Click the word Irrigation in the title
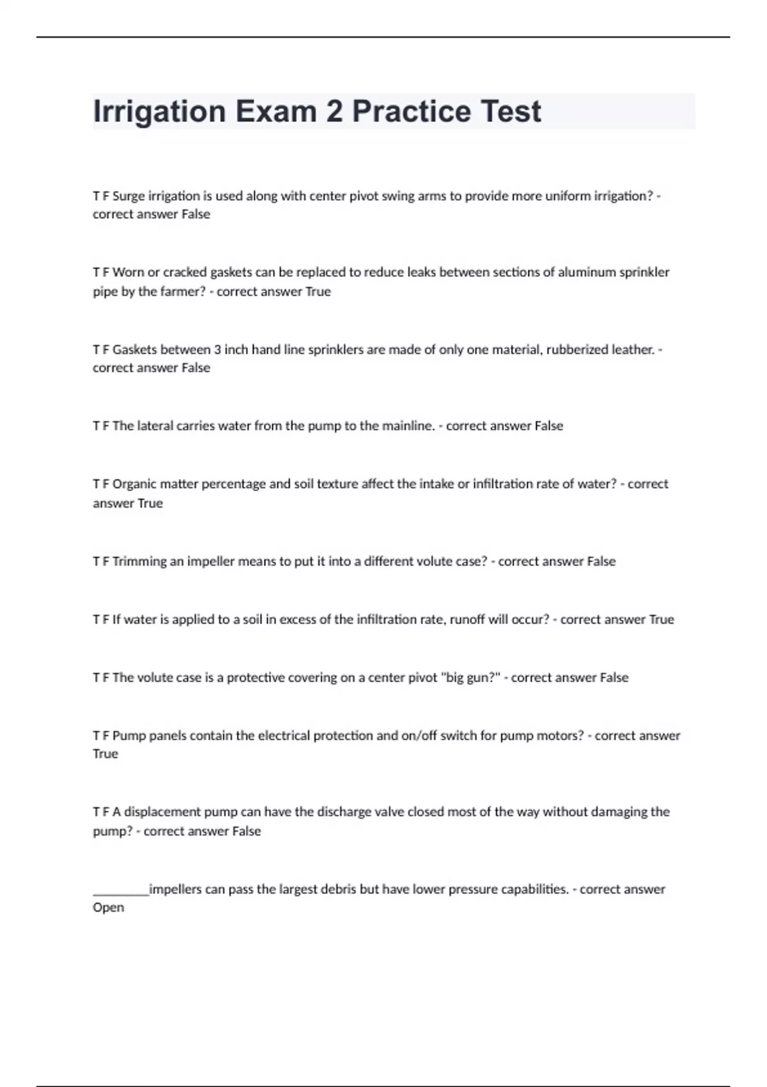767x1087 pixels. (159, 112)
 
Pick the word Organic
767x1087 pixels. (134, 484)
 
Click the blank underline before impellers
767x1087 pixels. (121, 889)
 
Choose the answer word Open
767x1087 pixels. (108, 908)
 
